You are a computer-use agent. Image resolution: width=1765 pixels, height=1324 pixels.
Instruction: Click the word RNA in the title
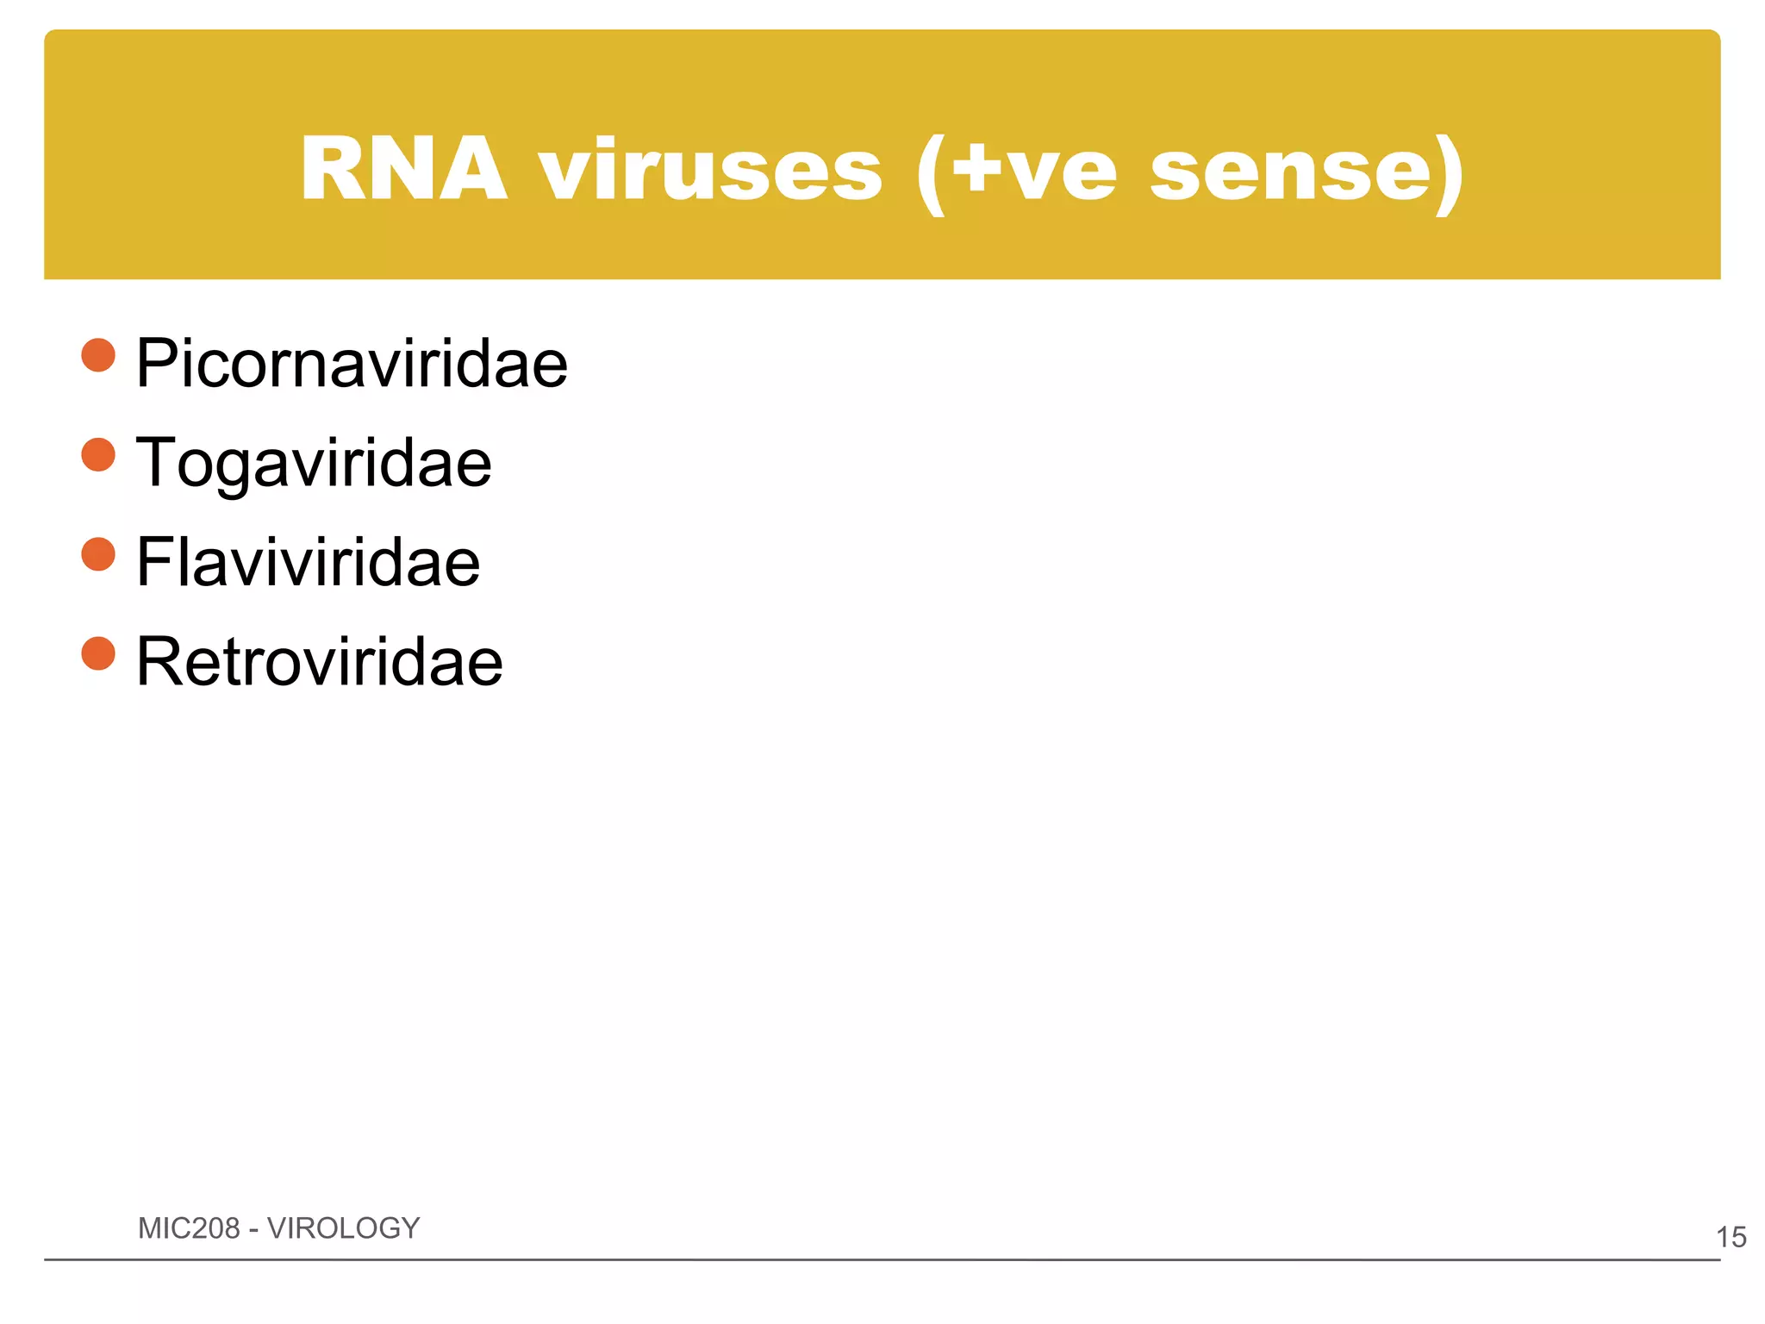[x=403, y=170]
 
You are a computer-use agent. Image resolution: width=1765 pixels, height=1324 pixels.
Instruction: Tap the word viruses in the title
[x=711, y=170]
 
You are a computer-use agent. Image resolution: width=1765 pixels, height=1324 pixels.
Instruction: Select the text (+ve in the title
[x=1017, y=172]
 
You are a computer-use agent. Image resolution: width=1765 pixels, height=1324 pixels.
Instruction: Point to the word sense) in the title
[x=1307, y=172]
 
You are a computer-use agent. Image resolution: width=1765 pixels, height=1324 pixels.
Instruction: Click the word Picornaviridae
[x=352, y=364]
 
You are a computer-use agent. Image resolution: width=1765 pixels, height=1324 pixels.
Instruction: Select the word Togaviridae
[x=314, y=463]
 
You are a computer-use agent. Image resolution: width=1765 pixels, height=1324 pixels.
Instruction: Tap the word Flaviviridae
[x=308, y=562]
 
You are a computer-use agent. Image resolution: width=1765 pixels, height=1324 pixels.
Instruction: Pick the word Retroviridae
[x=319, y=661]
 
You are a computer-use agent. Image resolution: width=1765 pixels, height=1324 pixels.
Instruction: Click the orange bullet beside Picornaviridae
[x=98, y=355]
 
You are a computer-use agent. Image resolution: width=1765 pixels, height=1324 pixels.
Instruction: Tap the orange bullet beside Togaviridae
[x=98, y=455]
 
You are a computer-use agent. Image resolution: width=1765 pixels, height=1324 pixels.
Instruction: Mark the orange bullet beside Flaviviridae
[x=98, y=554]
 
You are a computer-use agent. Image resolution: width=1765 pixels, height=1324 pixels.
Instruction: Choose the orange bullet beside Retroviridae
[x=98, y=653]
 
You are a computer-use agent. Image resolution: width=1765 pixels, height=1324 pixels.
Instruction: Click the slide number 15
[x=1731, y=1237]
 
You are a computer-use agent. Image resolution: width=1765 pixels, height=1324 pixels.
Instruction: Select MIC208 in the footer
[x=189, y=1227]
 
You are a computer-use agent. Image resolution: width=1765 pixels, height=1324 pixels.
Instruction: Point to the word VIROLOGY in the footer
[x=343, y=1227]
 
